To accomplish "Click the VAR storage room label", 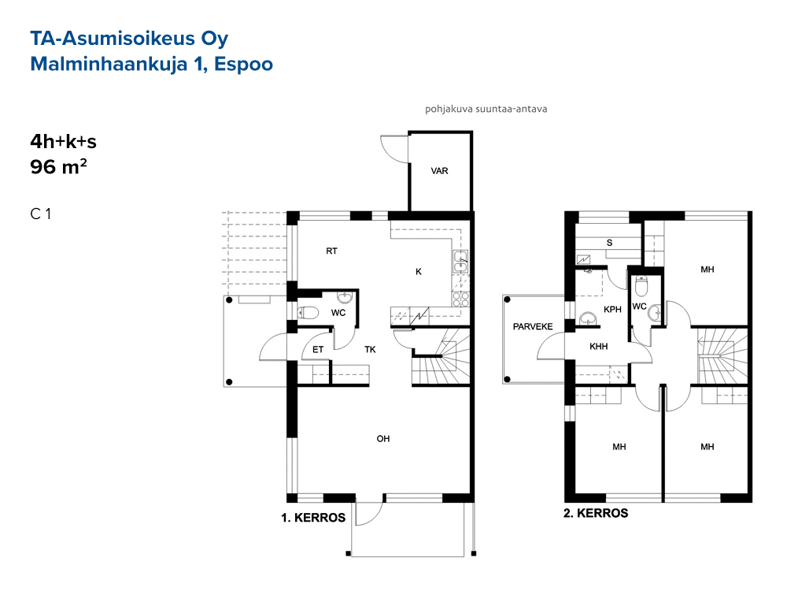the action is coord(439,171).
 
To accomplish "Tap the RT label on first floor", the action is coord(332,251).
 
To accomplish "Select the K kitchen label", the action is coord(419,272).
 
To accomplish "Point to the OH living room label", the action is coord(383,439).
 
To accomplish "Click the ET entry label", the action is coord(318,350).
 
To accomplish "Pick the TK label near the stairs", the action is coord(370,350).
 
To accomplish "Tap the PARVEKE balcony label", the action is coord(533,327).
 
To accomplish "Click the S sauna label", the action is coord(609,243).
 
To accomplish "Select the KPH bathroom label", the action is coord(612,310).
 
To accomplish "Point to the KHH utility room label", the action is coord(599,346).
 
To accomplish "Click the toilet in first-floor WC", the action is coord(308,313).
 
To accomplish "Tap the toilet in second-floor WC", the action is coord(641,287).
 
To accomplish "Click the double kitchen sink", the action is coord(460,262).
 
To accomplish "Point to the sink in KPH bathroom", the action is coord(588,319).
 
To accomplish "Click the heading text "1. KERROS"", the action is coord(313,518).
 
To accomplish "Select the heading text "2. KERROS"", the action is coord(596,513).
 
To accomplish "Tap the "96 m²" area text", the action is coord(59,166).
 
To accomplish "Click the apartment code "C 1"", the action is coord(41,214).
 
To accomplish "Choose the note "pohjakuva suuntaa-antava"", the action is coord(486,109).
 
